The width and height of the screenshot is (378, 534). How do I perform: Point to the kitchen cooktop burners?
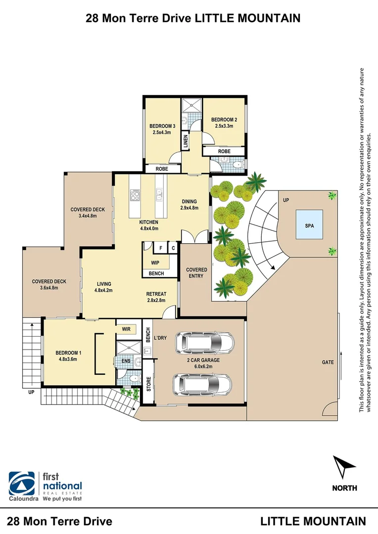pos(135,196)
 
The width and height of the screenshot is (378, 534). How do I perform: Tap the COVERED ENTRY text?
pos(196,272)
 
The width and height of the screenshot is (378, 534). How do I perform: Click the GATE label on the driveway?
pos(328,362)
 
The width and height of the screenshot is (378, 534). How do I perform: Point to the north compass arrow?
pos(344,467)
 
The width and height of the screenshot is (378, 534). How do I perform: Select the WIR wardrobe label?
pos(126,328)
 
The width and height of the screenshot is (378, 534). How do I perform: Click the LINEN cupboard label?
pos(186,142)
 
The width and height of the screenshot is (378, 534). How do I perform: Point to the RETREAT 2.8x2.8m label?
pos(156,297)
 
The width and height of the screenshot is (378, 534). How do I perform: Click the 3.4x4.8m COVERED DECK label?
pos(87,213)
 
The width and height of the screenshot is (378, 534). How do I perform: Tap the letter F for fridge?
pos(161,248)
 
